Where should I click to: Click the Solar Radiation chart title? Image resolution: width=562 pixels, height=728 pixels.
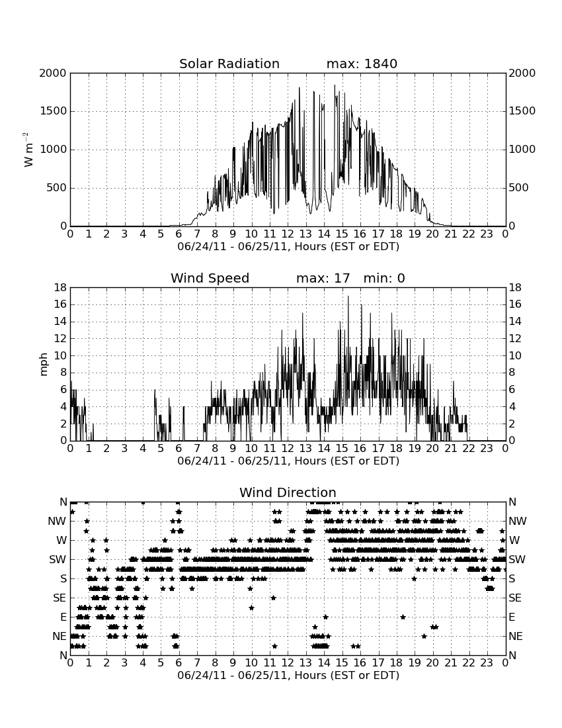click(x=229, y=64)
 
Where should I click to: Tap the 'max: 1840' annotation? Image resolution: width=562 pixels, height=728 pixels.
click(x=362, y=64)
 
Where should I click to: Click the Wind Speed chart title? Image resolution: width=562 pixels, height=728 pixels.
click(x=210, y=278)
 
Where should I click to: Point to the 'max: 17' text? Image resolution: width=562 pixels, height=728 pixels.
click(x=323, y=278)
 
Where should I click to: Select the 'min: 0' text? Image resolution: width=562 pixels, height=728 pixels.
click(x=384, y=278)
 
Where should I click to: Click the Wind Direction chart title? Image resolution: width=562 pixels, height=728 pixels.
click(x=288, y=492)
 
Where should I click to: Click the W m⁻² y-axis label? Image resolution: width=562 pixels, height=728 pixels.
click(x=28, y=150)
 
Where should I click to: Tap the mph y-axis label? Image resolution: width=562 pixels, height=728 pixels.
click(x=44, y=365)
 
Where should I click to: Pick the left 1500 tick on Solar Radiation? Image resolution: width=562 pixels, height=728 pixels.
click(x=53, y=111)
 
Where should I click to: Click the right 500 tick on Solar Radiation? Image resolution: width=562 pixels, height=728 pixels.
click(x=518, y=187)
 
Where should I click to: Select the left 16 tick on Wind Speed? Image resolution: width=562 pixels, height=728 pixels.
click(x=61, y=304)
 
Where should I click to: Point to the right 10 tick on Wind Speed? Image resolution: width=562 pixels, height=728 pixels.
click(x=515, y=355)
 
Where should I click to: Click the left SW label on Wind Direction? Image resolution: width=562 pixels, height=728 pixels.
click(x=58, y=559)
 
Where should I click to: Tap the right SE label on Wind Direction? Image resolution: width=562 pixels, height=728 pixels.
click(x=515, y=598)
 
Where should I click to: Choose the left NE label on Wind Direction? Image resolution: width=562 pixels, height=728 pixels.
click(x=60, y=636)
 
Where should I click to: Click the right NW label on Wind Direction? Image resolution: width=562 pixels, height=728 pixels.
click(x=518, y=521)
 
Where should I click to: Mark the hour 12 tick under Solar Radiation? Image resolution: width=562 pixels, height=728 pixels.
click(x=288, y=234)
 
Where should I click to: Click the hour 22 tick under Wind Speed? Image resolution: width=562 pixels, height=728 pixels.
click(x=469, y=449)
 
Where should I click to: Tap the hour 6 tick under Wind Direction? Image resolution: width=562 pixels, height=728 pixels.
click(x=179, y=663)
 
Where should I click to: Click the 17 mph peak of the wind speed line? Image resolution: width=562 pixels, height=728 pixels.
click(x=348, y=296)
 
